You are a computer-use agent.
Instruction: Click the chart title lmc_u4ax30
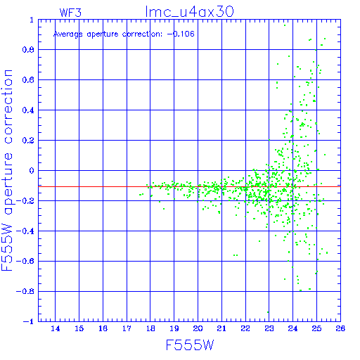pyautogui.click(x=189, y=12)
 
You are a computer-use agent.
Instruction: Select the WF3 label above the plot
pyautogui.click(x=70, y=13)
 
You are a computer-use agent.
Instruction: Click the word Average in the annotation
pyautogui.click(x=68, y=34)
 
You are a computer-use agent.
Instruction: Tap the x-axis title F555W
pyautogui.click(x=190, y=345)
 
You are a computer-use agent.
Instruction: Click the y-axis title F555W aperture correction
pyautogui.click(x=7, y=170)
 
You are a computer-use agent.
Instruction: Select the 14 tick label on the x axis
pyautogui.click(x=56, y=328)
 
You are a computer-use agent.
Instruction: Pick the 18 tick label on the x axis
pyautogui.click(x=150, y=328)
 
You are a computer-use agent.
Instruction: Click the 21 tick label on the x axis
pyautogui.click(x=221, y=328)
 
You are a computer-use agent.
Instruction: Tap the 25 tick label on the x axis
pyautogui.click(x=316, y=328)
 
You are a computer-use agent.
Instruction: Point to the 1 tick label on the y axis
pyautogui.click(x=32, y=20)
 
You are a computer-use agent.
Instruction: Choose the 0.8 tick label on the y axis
pyautogui.click(x=28, y=50)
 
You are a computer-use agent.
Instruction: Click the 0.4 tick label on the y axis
pyautogui.click(x=28, y=110)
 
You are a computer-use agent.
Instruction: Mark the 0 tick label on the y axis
pyautogui.click(x=32, y=171)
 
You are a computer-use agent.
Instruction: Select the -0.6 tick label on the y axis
pyautogui.click(x=25, y=261)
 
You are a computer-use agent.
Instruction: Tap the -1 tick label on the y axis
pyautogui.click(x=29, y=321)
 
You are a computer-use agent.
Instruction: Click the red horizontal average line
pyautogui.click(x=189, y=187)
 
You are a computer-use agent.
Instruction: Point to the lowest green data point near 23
pyautogui.click(x=268, y=312)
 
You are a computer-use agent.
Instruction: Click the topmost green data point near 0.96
pyautogui.click(x=285, y=25)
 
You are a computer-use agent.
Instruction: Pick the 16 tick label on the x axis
pyautogui.click(x=103, y=328)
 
